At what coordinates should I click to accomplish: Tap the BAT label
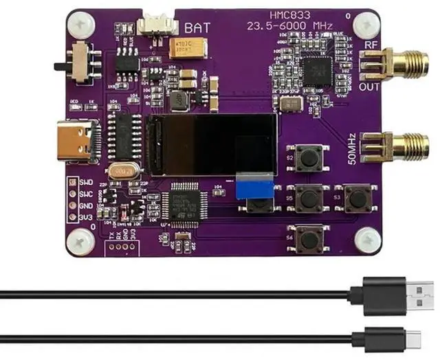(x=195, y=28)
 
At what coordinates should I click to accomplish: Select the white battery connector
(x=153, y=25)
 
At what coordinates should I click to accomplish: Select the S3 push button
(x=357, y=198)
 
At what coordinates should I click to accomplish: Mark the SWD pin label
(x=86, y=182)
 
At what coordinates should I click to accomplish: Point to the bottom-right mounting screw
(x=367, y=240)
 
